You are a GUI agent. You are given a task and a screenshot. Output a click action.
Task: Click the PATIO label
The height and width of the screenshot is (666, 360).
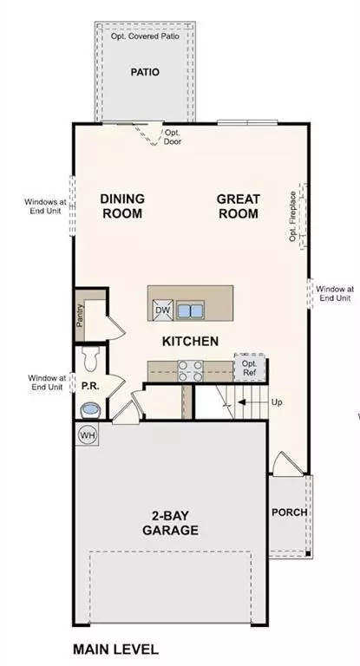[145, 73]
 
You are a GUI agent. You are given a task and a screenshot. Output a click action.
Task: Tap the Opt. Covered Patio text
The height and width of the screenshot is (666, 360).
[145, 37]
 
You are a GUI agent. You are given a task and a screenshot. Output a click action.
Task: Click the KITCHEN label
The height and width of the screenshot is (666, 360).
[190, 342]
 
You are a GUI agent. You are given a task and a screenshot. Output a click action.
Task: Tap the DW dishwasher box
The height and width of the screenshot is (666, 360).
[162, 310]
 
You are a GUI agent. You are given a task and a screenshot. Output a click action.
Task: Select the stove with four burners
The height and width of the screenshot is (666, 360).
[191, 371]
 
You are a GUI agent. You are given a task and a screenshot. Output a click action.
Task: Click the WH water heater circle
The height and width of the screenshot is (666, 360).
[88, 434]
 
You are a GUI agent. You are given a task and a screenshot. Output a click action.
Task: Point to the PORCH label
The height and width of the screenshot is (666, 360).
[289, 512]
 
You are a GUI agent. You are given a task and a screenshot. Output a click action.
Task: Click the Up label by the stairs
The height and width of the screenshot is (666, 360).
[276, 403]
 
